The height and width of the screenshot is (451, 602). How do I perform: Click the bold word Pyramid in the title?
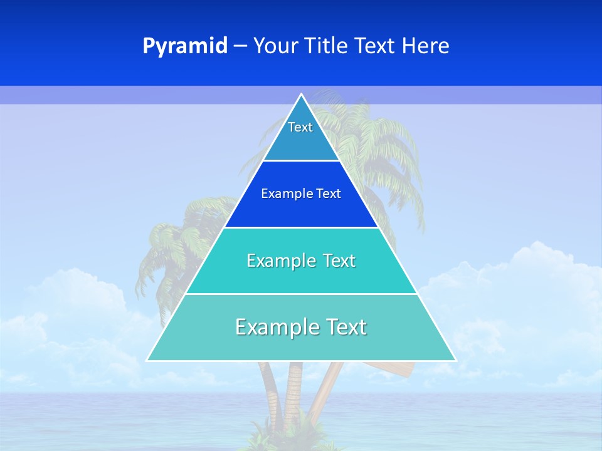pos(185,46)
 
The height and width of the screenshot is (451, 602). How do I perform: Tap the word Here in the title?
pos(426,46)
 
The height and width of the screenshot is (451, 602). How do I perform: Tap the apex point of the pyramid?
pos(301,95)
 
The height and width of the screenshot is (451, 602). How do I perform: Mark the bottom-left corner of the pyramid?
pos(147,360)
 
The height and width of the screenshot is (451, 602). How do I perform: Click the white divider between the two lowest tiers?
pos(301,294)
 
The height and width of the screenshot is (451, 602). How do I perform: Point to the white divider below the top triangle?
pos(301,161)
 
